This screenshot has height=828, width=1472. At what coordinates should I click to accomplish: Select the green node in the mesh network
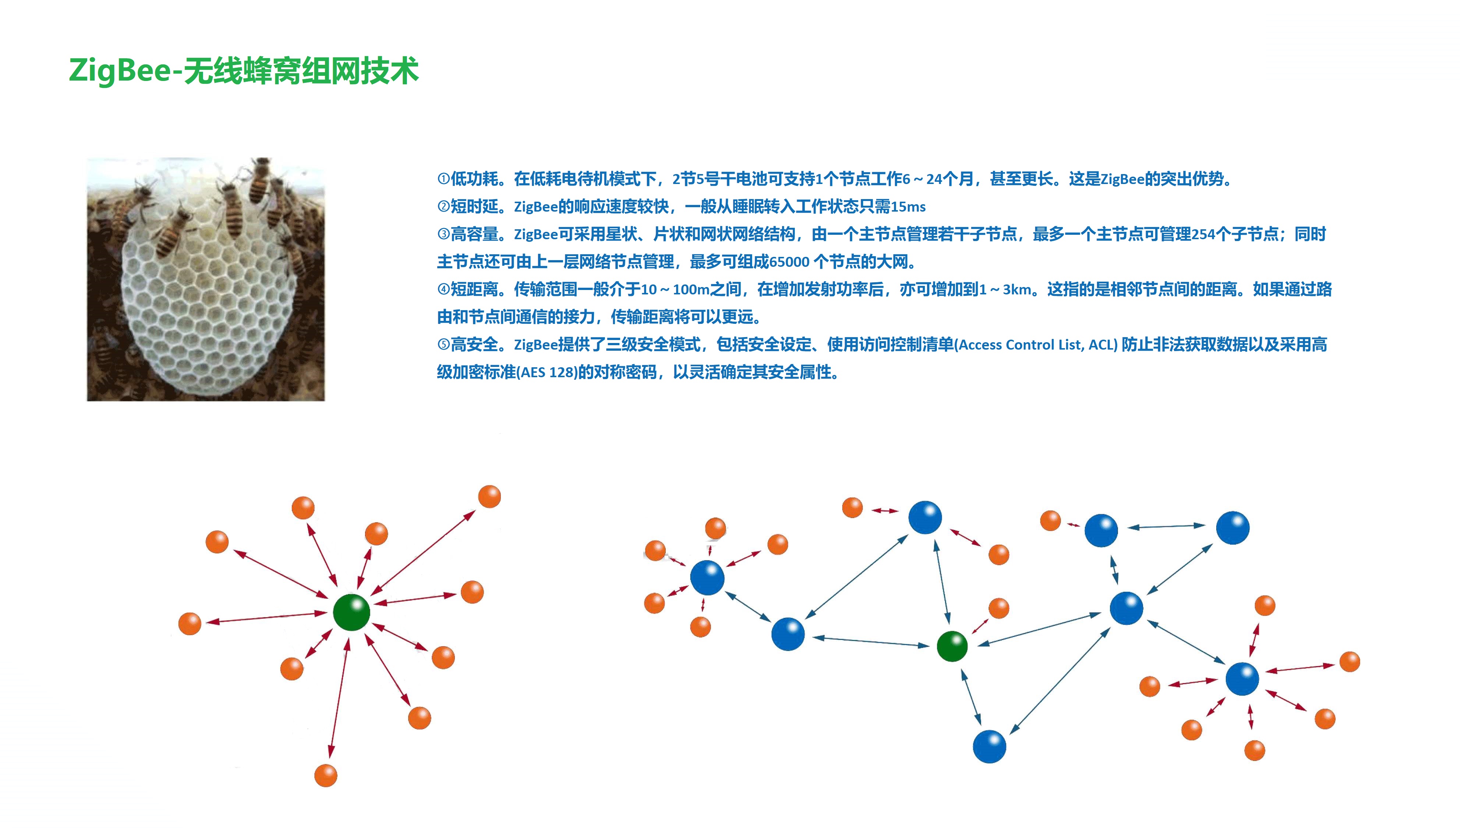(x=952, y=646)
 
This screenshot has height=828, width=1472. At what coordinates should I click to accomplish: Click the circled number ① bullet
(x=443, y=179)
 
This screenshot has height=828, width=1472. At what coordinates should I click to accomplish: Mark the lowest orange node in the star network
(x=326, y=775)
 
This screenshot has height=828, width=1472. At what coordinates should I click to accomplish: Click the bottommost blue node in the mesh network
(x=989, y=746)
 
